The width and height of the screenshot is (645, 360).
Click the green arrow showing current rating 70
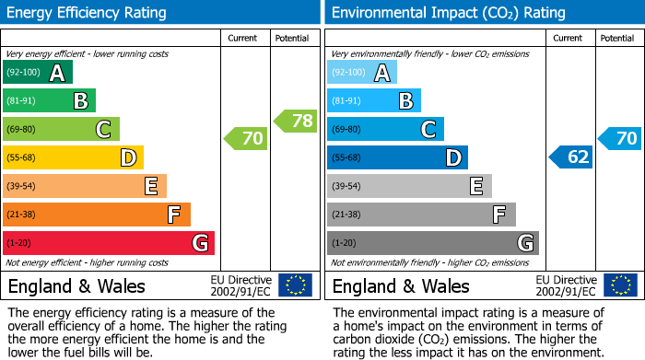click(246, 139)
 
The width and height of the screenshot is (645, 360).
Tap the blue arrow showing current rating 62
click(571, 157)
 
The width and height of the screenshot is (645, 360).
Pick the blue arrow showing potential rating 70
click(620, 139)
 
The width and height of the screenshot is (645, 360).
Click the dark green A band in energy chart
click(38, 73)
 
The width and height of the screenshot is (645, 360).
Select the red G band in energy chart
click(109, 243)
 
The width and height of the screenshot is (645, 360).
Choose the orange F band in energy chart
click(97, 215)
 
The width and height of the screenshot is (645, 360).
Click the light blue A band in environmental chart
click(362, 73)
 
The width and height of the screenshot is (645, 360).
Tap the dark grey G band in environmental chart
click(433, 243)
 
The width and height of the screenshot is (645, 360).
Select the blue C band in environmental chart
click(385, 130)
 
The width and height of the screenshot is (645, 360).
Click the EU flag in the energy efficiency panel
click(296, 285)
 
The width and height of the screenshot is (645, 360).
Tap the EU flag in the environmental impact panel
click(620, 285)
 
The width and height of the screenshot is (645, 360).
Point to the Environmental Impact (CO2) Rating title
click(447, 13)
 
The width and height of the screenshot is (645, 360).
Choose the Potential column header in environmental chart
click(617, 39)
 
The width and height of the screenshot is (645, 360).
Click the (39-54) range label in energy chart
click(21, 187)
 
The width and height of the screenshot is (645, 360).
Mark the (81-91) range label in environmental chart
click(346, 101)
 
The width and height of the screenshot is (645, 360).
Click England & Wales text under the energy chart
click(76, 286)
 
